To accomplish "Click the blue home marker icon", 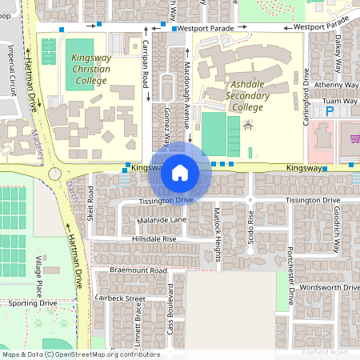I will point(180,171).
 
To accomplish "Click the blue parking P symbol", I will point(330,114).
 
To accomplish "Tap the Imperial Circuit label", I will point(12,66).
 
